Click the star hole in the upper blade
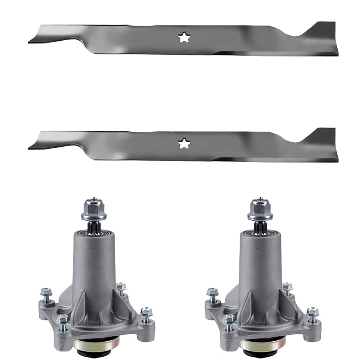click(184, 37)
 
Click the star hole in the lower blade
click(184, 143)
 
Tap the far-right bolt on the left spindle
click(146, 314)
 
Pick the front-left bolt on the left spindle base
click(63, 320)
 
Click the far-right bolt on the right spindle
click(312, 314)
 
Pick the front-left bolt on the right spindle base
click(229, 320)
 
